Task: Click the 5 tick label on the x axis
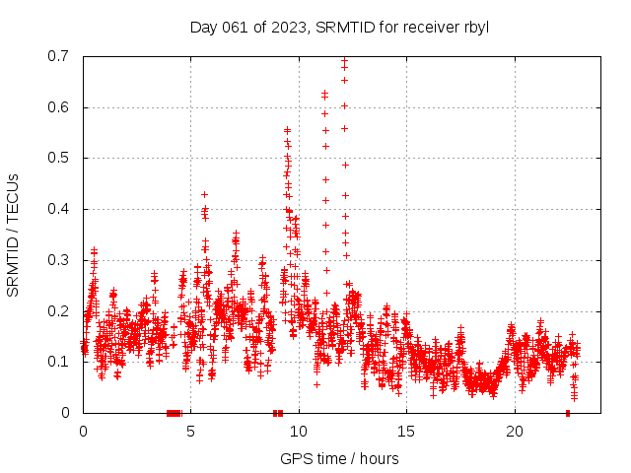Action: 191,432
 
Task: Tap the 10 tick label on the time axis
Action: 299,432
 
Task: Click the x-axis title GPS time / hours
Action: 339,458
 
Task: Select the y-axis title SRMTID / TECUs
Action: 13,235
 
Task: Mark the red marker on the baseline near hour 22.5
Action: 568,413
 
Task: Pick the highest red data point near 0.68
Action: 344,67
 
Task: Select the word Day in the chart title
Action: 203,27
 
